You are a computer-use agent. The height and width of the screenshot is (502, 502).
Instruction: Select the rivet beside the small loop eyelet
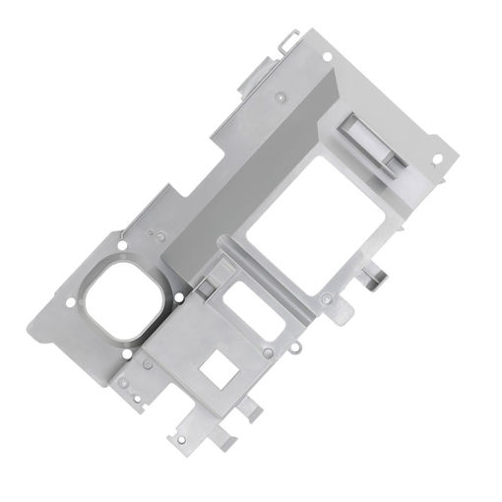tap(268, 352)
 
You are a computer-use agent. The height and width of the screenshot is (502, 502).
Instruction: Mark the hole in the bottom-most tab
tap(180, 438)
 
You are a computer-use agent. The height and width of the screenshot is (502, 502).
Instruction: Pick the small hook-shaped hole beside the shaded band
tap(153, 233)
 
